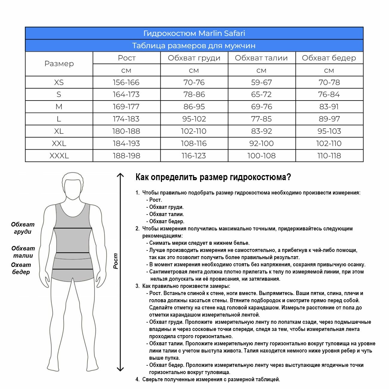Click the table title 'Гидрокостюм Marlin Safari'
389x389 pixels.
[194, 33]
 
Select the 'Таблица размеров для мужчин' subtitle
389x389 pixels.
[194, 46]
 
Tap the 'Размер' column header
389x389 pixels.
[59, 64]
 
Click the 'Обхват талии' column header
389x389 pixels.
[261, 58]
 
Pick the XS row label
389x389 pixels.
[59, 82]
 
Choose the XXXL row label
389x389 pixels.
[59, 156]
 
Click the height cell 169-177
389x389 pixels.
[126, 107]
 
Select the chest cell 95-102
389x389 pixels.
[194, 119]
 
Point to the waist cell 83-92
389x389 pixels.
[261, 131]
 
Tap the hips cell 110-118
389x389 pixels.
[329, 156]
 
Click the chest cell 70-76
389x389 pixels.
[194, 82]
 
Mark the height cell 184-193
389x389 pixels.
[126, 144]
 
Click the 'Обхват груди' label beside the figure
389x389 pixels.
[23, 228]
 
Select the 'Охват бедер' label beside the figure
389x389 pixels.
[21, 268]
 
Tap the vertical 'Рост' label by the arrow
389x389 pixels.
[116, 261]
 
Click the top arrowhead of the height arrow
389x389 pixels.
[120, 176]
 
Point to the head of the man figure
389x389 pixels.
[73, 186]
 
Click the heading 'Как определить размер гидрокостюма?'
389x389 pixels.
[213, 177]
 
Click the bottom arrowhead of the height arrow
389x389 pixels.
[120, 369]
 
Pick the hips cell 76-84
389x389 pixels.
[329, 95]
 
